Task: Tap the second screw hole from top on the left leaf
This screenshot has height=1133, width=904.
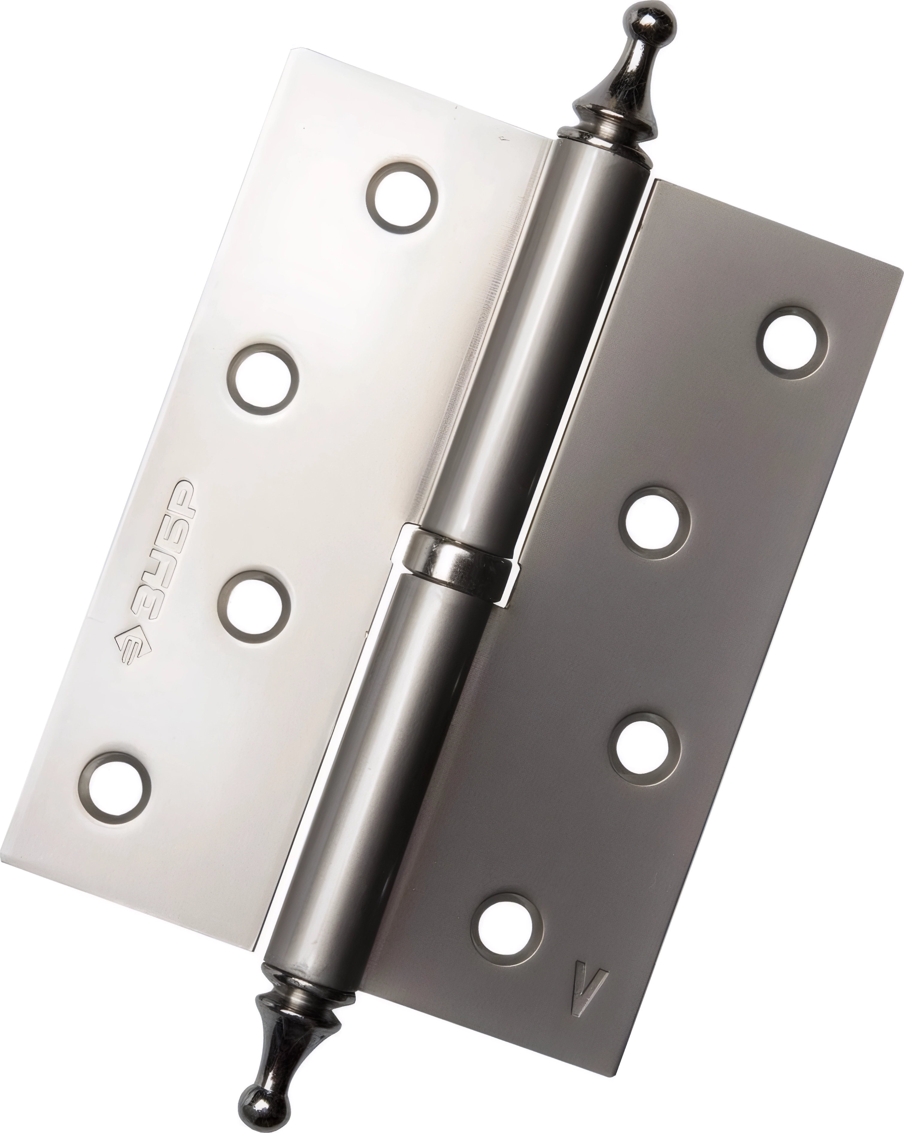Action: coord(263,378)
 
